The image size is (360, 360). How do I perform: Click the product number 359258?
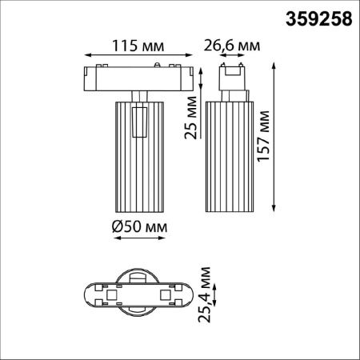click(x=318, y=19)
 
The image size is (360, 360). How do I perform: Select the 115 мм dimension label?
click(x=138, y=46)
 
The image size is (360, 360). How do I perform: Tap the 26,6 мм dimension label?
click(x=232, y=46)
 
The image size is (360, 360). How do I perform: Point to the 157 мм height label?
click(x=263, y=135)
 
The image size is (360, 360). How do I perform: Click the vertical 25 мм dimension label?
click(x=191, y=118)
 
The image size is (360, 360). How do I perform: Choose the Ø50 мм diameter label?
click(x=139, y=226)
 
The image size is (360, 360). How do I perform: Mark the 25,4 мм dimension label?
click(x=205, y=294)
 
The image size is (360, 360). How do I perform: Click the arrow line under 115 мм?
click(x=138, y=55)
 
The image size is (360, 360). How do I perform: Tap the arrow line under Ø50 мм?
click(x=139, y=238)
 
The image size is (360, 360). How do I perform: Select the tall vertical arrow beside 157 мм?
click(x=274, y=137)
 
